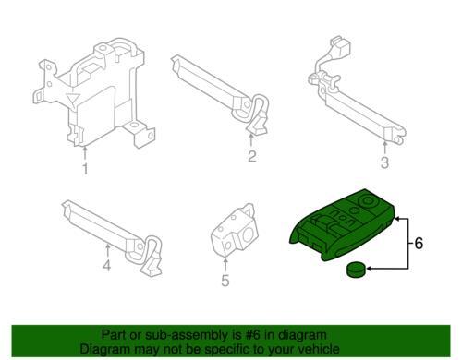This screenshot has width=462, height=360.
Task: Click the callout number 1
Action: click(84, 170)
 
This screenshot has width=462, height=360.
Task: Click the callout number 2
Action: click(250, 156)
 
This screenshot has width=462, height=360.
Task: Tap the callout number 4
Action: click(107, 269)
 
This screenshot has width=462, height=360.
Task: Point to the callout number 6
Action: click(418, 245)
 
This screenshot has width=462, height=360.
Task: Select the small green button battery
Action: click(356, 270)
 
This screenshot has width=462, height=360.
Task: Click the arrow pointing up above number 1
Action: click(84, 150)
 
